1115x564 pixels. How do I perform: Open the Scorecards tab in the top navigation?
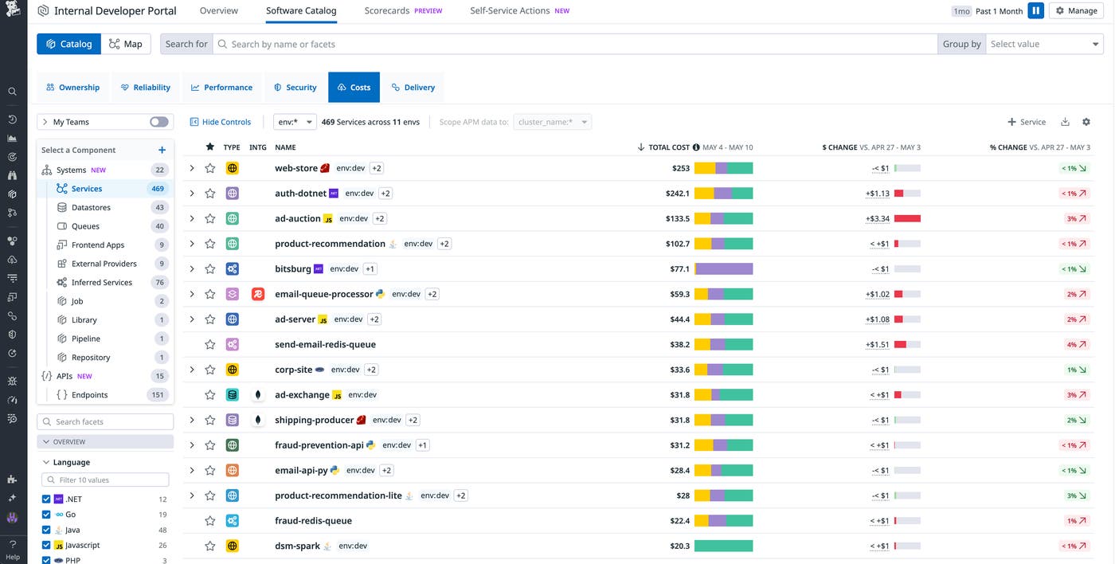click(x=386, y=11)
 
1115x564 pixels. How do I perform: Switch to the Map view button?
click(x=126, y=44)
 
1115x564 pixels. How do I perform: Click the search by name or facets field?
click(x=573, y=44)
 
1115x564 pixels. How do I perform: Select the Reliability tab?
click(x=145, y=88)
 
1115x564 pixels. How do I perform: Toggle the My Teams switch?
click(x=158, y=122)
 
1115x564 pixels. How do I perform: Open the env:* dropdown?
click(x=295, y=122)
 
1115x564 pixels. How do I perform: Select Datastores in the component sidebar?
click(x=91, y=208)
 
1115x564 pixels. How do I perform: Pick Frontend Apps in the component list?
click(x=98, y=245)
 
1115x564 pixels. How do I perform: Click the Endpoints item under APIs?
click(x=89, y=395)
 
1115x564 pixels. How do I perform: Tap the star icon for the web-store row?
click(x=210, y=168)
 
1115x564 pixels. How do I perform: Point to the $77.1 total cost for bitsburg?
click(x=679, y=269)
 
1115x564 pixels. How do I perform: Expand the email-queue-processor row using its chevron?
click(x=192, y=294)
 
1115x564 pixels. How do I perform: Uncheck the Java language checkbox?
click(x=46, y=530)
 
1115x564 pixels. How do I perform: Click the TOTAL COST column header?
click(x=669, y=147)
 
